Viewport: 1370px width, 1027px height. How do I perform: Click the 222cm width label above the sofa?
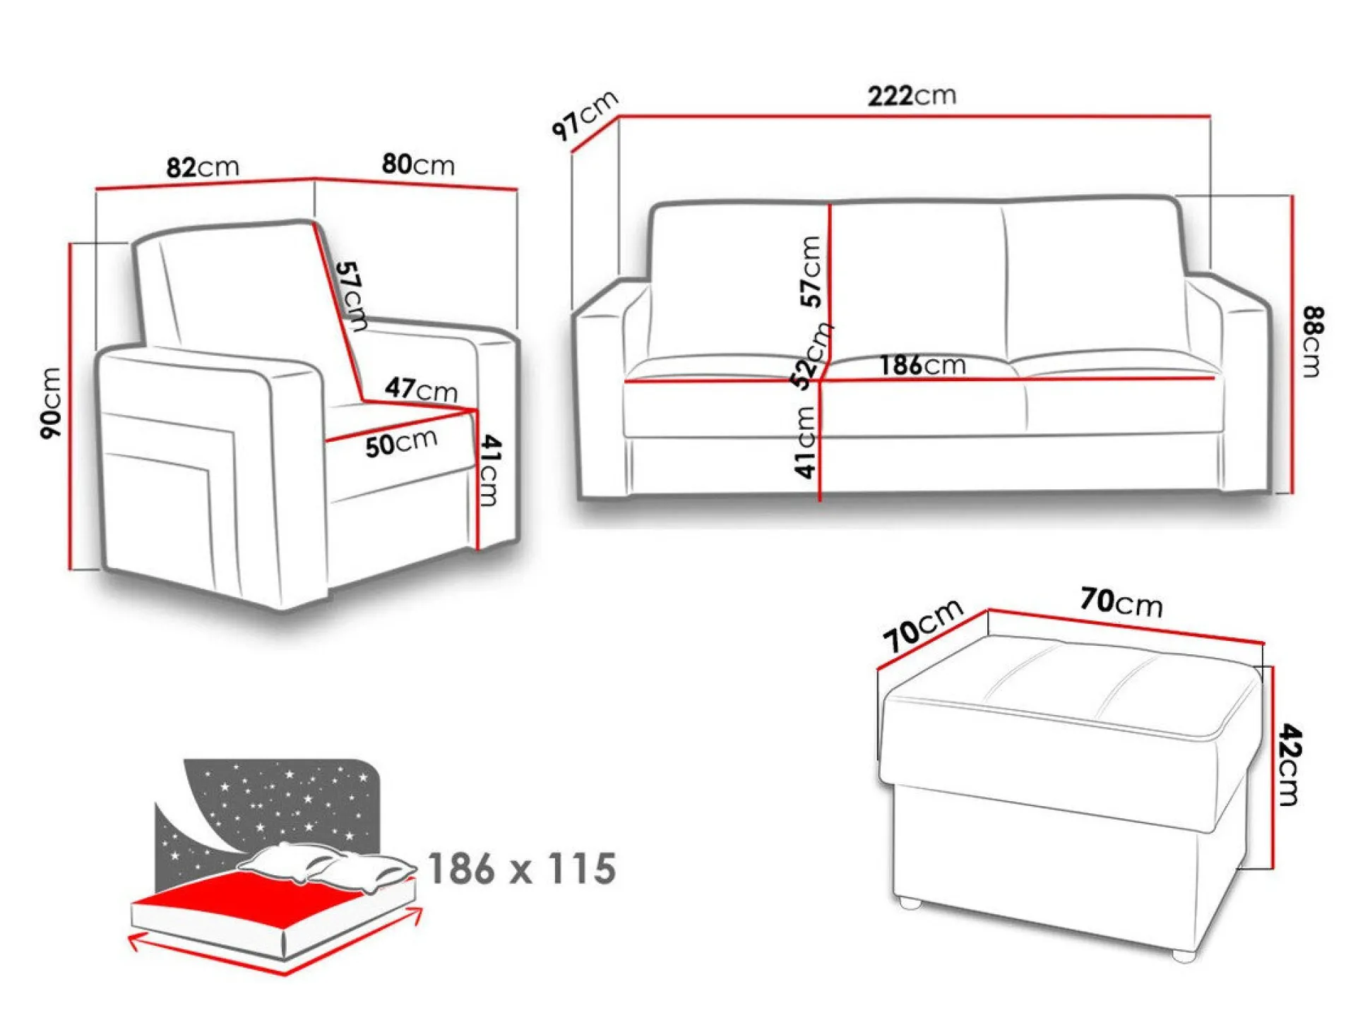coord(912,95)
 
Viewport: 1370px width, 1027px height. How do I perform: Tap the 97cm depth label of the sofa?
coord(585,115)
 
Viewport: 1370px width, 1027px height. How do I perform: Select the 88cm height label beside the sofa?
coord(1313,342)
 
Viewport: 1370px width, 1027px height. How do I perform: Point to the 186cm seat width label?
coord(922,365)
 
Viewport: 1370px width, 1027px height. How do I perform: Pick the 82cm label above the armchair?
coord(203,167)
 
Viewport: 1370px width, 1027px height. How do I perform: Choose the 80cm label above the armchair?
coord(418,164)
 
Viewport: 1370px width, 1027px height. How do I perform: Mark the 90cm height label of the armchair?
coord(51,403)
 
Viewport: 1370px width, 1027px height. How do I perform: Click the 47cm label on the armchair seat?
coord(422,389)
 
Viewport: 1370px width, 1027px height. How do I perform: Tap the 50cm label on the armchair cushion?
coord(401,443)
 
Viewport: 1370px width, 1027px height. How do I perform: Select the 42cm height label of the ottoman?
coord(1289,764)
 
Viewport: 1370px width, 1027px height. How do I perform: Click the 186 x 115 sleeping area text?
coord(522,868)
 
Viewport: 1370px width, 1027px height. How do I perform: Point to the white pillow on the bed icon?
coord(326,865)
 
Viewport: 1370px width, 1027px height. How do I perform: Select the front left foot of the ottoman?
coord(910,903)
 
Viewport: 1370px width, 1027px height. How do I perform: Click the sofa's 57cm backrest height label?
coord(811,272)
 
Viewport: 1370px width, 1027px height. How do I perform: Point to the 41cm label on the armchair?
coord(489,470)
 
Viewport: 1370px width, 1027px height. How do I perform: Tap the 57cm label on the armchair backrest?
coord(351,296)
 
